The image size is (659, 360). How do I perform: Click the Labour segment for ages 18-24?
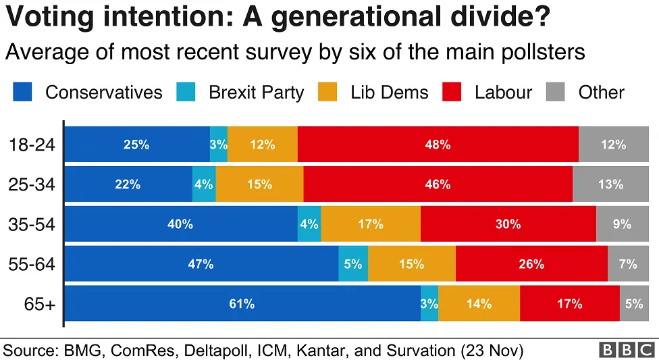[438, 144]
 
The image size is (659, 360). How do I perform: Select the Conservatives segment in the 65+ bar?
[242, 304]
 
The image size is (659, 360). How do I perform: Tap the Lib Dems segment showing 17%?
[371, 224]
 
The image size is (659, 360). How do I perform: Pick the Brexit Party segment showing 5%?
[353, 264]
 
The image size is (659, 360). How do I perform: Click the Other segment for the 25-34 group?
[610, 184]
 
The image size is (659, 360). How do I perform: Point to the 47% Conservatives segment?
[201, 264]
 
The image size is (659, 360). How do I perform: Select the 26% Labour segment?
[531, 264]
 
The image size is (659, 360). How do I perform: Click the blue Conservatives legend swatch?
[22, 93]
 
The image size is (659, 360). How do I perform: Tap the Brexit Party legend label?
[256, 93]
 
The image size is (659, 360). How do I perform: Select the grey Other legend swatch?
[555, 93]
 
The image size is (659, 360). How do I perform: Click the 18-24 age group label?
[32, 145]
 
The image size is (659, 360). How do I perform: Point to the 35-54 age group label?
[32, 224]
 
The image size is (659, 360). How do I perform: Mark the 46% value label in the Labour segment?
[438, 184]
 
